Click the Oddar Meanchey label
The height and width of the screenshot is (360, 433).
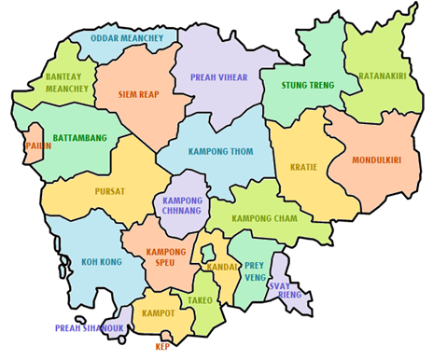[x=128, y=38]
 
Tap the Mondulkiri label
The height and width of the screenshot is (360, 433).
[x=377, y=160]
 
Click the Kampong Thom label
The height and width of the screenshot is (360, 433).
[x=220, y=151]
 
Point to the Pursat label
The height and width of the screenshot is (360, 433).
[x=109, y=190]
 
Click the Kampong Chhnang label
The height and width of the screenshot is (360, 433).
[x=183, y=206]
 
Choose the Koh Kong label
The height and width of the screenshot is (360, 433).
[x=101, y=262]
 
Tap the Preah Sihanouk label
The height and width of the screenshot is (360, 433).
[x=89, y=328]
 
